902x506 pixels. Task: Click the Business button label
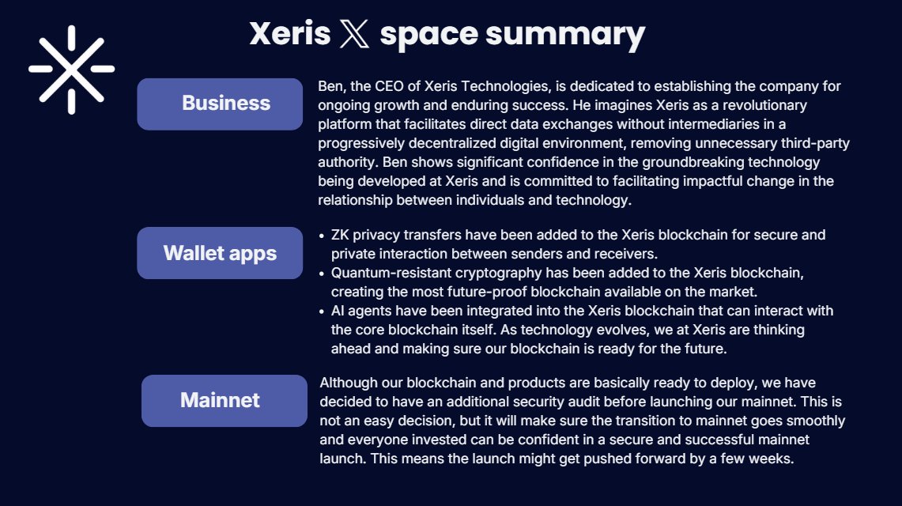(x=225, y=103)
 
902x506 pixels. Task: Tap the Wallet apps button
(x=220, y=253)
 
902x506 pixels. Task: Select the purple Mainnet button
(x=224, y=400)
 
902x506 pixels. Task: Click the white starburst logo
(x=71, y=69)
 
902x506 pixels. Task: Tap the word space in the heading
(x=428, y=35)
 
